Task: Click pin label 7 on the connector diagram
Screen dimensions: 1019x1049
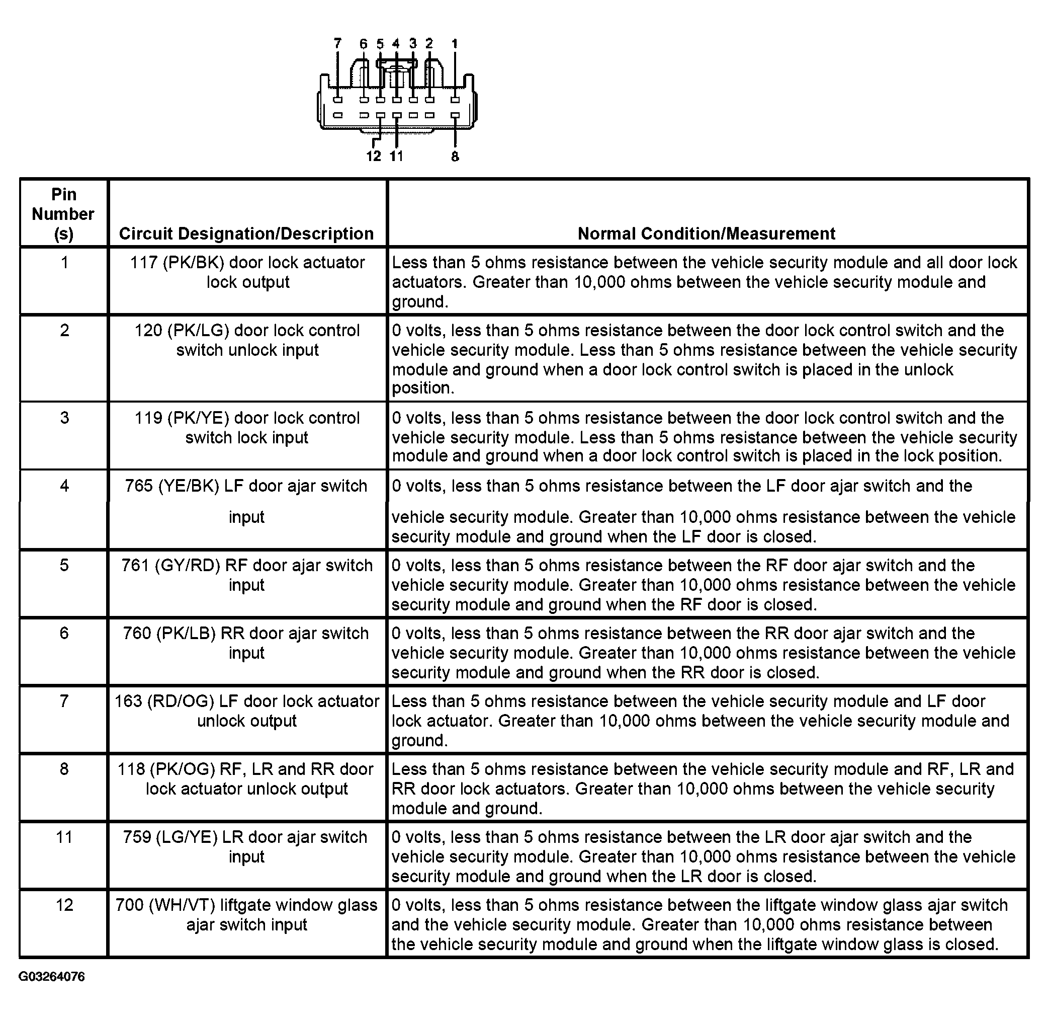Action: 338,44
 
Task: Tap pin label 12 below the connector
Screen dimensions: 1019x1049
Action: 374,156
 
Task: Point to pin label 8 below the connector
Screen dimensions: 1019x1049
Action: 455,157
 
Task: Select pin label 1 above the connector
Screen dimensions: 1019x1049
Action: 455,44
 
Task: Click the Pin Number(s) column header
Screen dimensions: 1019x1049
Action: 63,214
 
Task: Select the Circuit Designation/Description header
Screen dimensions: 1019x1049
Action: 246,233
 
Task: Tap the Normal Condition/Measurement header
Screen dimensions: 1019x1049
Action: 706,233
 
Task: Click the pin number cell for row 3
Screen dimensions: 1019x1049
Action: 64,418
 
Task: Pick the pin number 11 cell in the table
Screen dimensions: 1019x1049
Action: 64,837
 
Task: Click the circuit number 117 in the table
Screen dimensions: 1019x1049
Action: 143,262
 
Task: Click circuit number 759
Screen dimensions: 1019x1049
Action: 137,837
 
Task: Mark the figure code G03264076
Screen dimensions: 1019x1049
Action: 52,976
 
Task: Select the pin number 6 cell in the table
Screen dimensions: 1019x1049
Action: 64,633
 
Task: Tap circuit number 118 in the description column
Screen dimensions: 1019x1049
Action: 131,769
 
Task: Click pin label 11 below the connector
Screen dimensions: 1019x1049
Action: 396,156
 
